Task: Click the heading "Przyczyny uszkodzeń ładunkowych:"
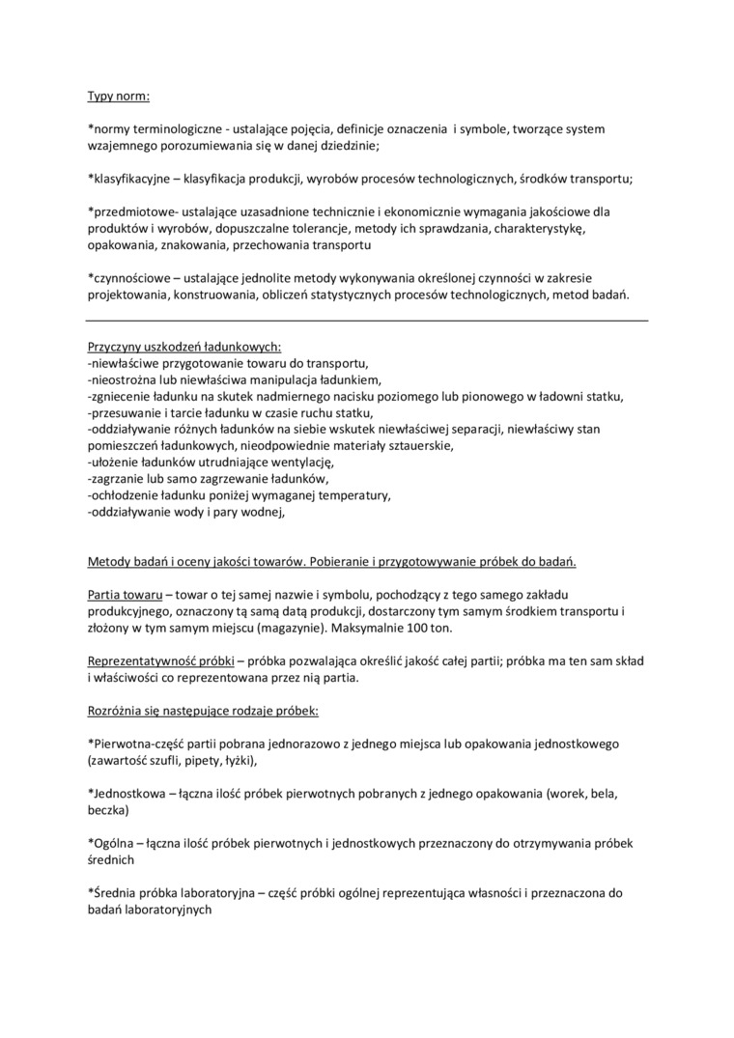tap(183, 346)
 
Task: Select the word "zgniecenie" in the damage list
tap(120, 396)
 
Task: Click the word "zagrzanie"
tap(117, 479)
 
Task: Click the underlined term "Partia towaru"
tap(120, 594)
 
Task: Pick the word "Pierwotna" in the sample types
tap(119, 743)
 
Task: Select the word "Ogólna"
tap(111, 843)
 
